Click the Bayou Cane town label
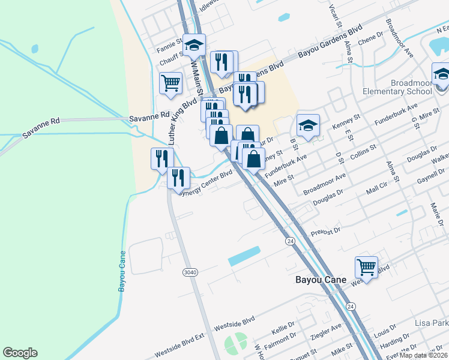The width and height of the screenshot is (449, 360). [x=321, y=280]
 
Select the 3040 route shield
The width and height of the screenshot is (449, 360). [x=190, y=272]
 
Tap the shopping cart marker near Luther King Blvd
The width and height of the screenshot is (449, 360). [x=171, y=83]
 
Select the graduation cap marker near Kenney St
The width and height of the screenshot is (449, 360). [x=308, y=125]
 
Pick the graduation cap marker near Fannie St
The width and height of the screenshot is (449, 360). [x=194, y=45]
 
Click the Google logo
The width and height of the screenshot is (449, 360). [x=20, y=353]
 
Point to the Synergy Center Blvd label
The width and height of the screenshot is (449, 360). [x=206, y=182]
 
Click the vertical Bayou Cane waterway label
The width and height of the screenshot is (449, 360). [x=122, y=271]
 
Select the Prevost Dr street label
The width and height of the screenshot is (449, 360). [x=325, y=232]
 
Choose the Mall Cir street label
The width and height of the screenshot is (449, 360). [x=378, y=191]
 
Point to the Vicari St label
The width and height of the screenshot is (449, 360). [x=336, y=17]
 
